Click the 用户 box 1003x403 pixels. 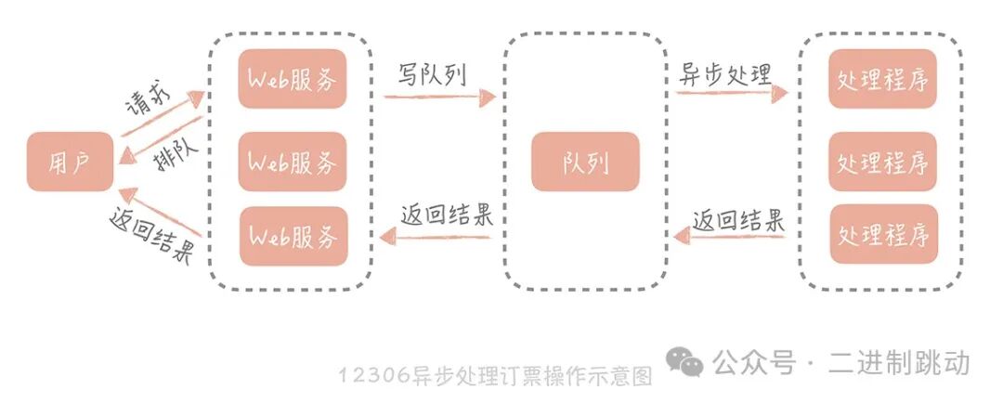(x=70, y=162)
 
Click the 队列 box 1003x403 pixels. (x=586, y=162)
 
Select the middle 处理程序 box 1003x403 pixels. (x=883, y=162)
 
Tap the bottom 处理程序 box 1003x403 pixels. (x=883, y=233)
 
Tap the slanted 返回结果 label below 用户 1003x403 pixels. (x=150, y=238)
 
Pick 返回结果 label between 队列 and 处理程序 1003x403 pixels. (x=739, y=220)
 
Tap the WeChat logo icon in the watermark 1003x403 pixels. (x=688, y=363)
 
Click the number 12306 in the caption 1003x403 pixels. (x=371, y=375)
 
